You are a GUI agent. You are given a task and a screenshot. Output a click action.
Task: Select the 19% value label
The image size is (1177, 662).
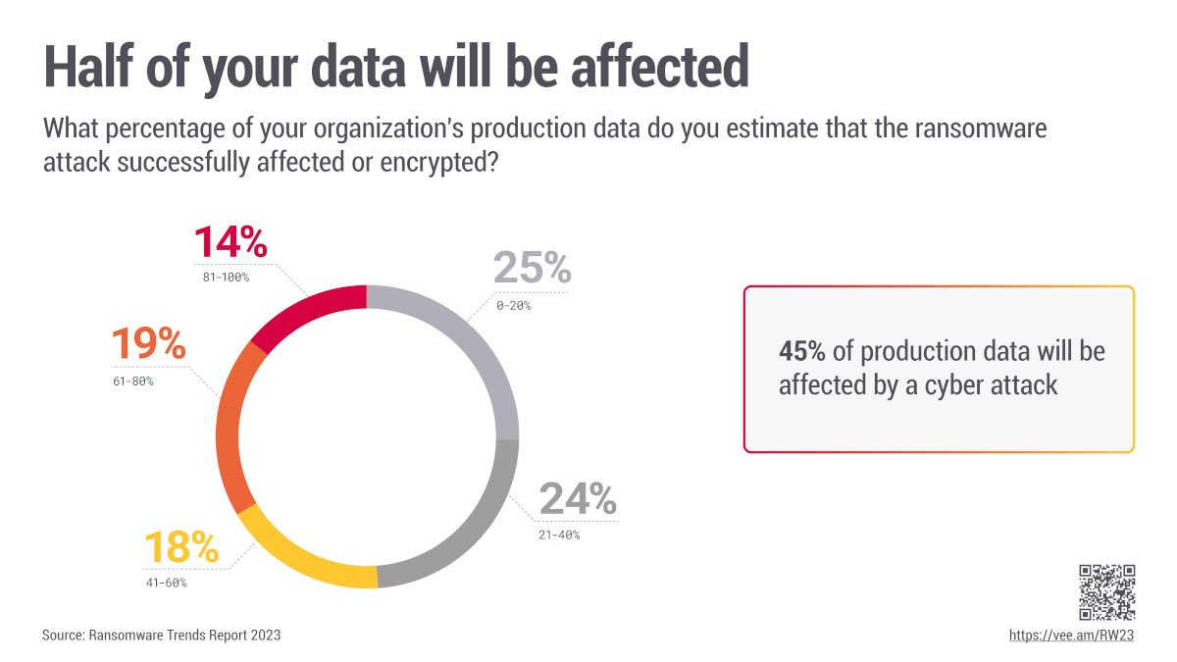click(x=148, y=344)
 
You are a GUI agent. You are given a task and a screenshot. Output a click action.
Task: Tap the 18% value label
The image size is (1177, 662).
click(x=180, y=547)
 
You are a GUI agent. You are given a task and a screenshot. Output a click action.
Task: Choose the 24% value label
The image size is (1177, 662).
click(x=578, y=500)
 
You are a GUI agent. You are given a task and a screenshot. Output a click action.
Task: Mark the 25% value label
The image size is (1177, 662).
click(x=531, y=268)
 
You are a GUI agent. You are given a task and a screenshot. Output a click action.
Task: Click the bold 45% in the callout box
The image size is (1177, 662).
click(x=801, y=351)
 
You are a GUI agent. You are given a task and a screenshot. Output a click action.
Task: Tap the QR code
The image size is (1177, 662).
click(x=1106, y=591)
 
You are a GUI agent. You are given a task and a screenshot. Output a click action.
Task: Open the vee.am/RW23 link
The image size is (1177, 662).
click(x=1071, y=636)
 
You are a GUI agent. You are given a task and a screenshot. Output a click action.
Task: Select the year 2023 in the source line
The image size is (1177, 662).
click(x=264, y=636)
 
